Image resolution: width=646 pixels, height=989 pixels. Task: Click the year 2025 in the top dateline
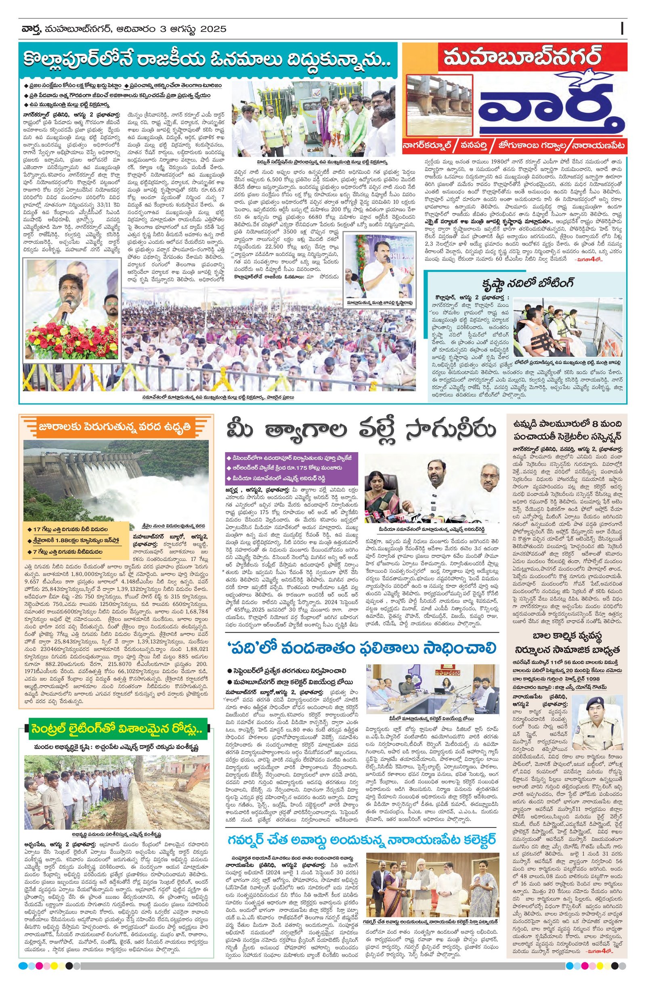pos(213,29)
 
